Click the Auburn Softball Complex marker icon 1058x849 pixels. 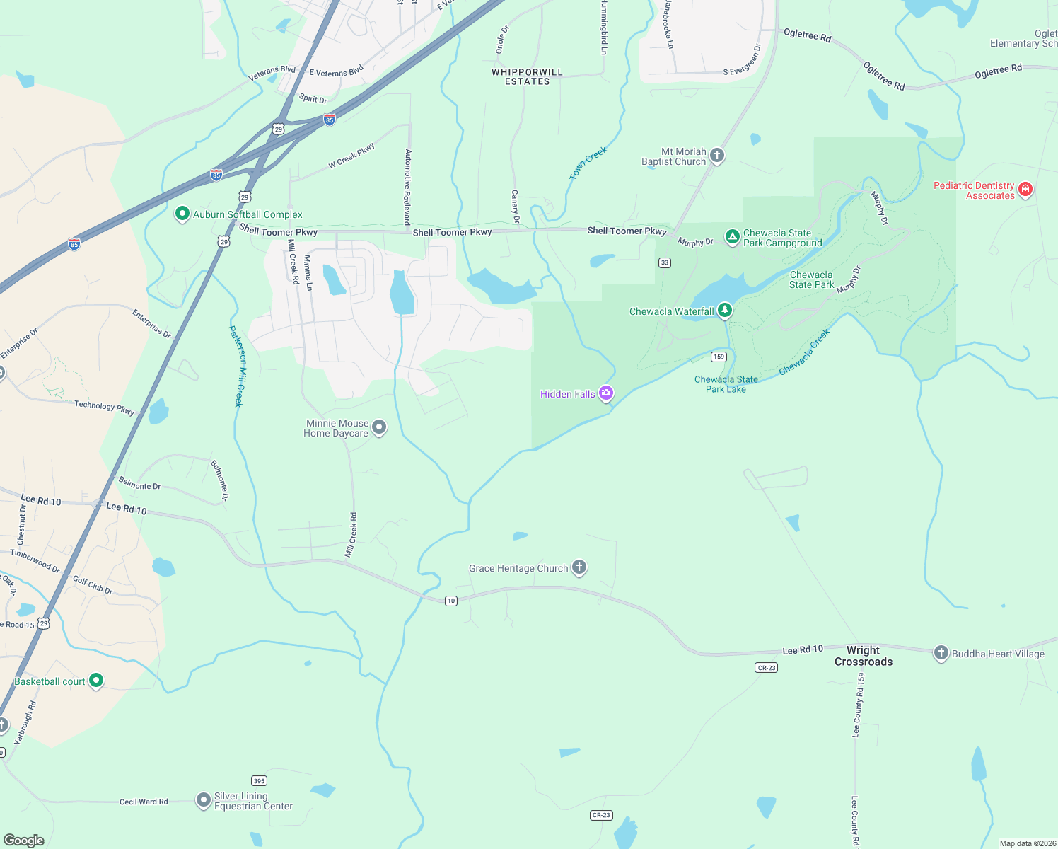[182, 214]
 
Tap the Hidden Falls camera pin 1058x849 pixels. [605, 393]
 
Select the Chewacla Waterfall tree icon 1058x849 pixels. [724, 310]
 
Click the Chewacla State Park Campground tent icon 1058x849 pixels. [733, 236]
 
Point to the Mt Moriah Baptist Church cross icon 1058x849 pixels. [717, 156]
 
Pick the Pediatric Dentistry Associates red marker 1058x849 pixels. [1025, 190]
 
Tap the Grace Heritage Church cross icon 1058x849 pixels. [579, 567]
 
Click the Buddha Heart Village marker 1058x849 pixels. [941, 653]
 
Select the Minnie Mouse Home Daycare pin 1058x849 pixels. [379, 427]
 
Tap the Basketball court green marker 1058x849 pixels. [96, 681]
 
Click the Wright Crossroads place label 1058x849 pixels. [864, 656]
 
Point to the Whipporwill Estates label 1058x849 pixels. [527, 77]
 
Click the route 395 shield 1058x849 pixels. [260, 781]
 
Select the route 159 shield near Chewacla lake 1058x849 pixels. [719, 357]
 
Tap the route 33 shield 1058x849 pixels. [665, 262]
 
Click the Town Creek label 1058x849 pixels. [588, 163]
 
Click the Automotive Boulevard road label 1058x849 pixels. [407, 187]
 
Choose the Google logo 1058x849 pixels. [24, 840]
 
